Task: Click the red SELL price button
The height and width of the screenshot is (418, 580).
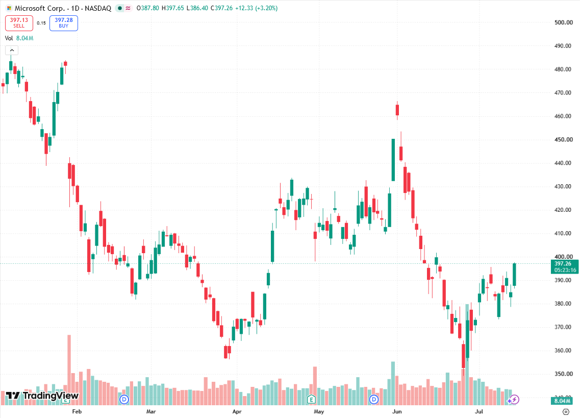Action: coord(19,23)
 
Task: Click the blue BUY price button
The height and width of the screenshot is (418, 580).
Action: coord(64,23)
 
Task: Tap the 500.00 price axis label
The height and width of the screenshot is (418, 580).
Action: coord(563,22)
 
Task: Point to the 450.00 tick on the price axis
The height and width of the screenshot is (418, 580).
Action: coord(563,139)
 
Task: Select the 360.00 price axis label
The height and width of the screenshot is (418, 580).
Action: coord(563,350)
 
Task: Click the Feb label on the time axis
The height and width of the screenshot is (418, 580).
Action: coord(77,411)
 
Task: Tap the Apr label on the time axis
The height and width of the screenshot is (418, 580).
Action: coord(237,411)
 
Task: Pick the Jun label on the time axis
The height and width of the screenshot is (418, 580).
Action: coord(397,411)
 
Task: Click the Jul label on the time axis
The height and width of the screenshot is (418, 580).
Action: coord(479,411)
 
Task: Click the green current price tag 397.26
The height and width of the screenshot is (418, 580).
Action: coord(565,266)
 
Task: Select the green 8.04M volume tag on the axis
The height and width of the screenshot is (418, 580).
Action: coord(562,401)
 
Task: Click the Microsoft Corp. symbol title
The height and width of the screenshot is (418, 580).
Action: coord(40,8)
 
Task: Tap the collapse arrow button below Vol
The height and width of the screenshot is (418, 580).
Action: coord(12,51)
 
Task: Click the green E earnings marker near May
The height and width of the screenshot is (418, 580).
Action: coord(312,400)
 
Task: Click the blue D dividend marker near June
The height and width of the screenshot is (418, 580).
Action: coord(374,400)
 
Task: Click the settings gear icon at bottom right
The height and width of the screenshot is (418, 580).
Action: coord(566,412)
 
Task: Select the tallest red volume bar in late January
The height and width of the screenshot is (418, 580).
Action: coord(69,370)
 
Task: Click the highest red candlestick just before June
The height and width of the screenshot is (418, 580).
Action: coord(397,110)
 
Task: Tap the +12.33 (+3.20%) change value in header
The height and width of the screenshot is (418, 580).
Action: coord(257,8)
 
